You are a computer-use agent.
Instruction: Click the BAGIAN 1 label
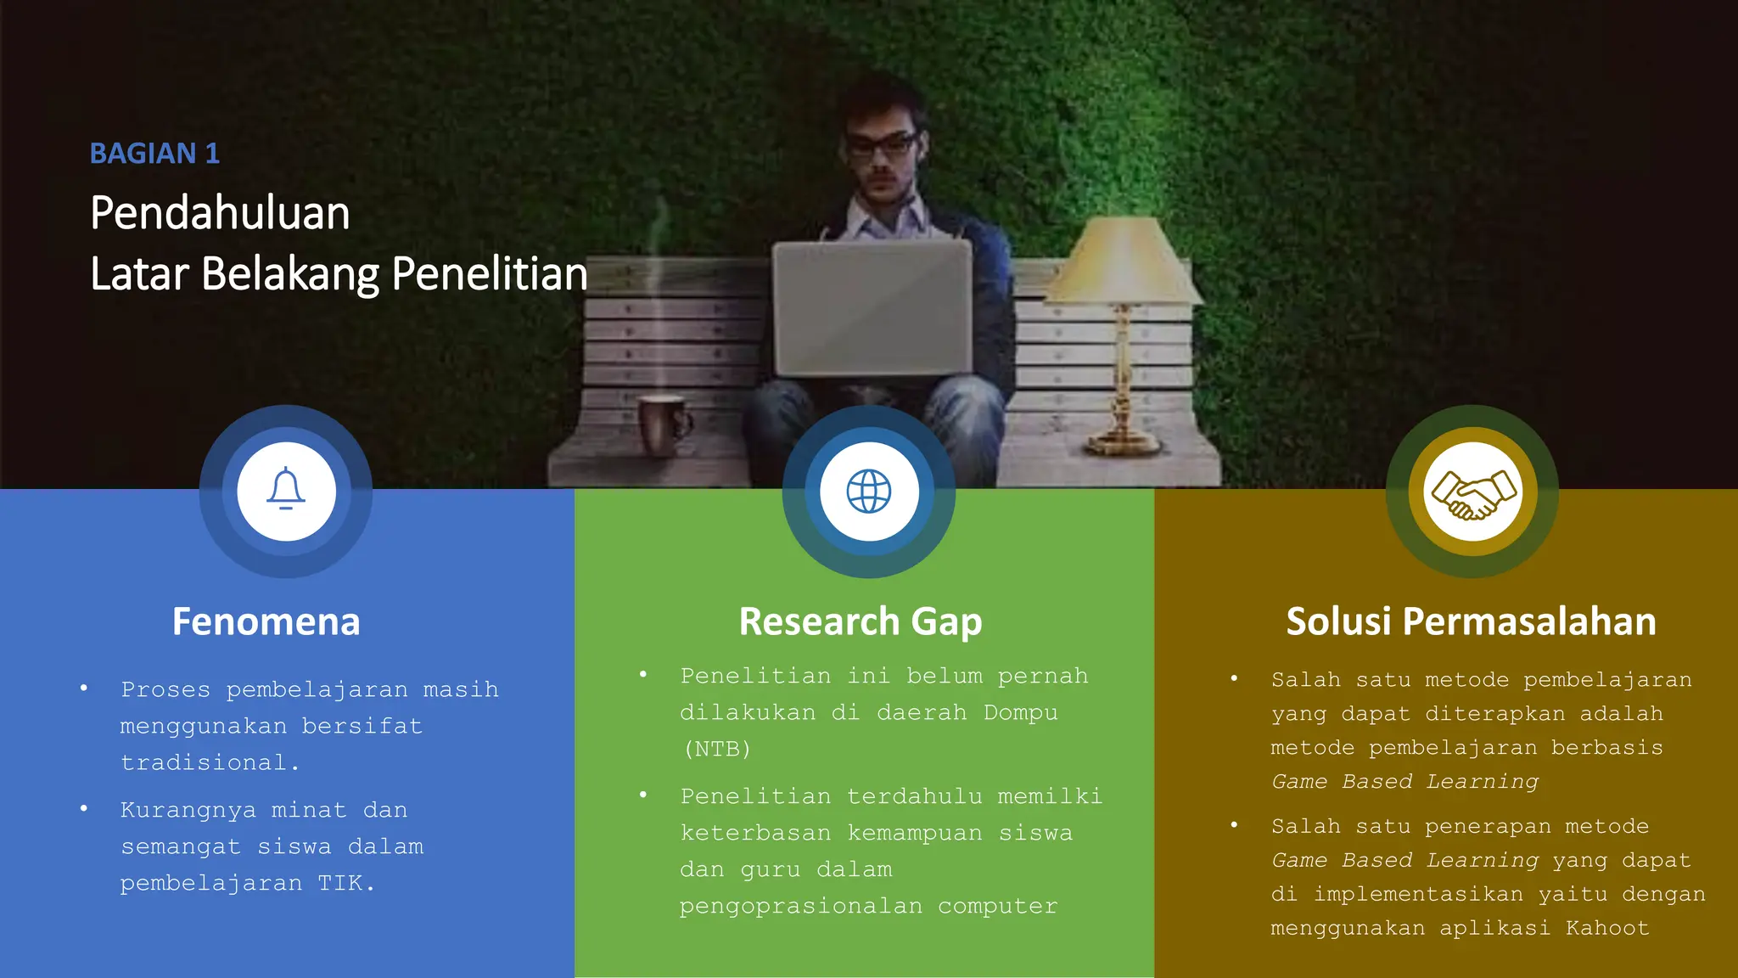[154, 154]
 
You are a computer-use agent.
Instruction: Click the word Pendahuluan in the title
[220, 212]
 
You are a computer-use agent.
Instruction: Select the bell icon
[286, 490]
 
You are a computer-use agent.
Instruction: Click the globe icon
[868, 492]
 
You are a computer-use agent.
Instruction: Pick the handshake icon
[1472, 493]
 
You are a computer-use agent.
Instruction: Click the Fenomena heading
[266, 621]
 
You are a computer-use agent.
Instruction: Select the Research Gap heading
[861, 621]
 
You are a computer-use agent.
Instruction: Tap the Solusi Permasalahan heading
[1471, 621]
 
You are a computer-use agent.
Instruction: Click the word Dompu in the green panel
[1020, 712]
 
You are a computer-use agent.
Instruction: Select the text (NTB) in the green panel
[717, 749]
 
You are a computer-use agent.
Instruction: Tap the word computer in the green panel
[997, 907]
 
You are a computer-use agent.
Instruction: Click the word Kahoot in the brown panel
[1607, 928]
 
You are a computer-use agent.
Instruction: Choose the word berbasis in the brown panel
[1606, 748]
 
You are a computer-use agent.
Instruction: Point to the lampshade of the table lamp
[1122, 260]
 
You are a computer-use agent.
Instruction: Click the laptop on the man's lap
[872, 309]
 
